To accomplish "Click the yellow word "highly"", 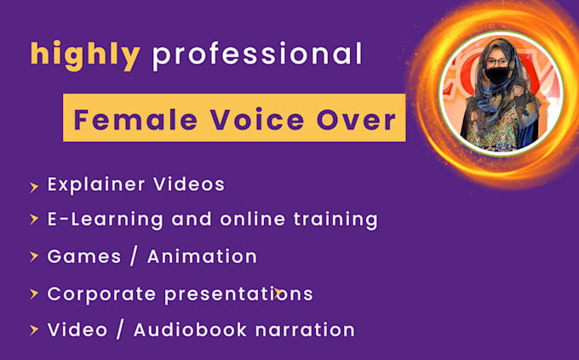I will (x=85, y=55).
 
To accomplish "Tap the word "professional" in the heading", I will (x=256, y=55).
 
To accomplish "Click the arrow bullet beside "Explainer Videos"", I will (x=33, y=185).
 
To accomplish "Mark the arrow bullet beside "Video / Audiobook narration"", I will (x=33, y=330).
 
